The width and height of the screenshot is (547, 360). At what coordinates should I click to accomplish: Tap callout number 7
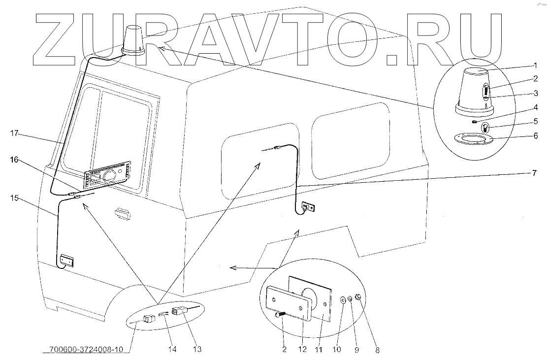click(x=534, y=173)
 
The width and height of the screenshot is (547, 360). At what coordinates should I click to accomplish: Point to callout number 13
click(x=197, y=350)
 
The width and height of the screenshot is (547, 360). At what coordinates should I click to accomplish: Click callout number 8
click(x=377, y=350)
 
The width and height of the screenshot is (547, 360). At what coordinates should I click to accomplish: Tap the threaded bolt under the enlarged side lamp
click(x=281, y=315)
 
